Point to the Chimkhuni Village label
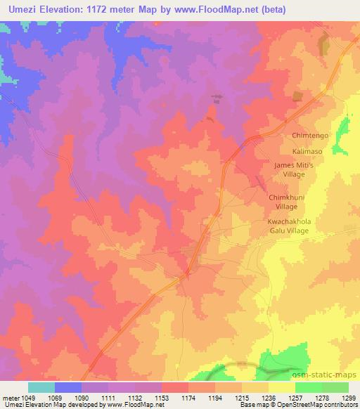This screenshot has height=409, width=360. click(285, 203)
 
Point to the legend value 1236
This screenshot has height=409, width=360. click(260, 398)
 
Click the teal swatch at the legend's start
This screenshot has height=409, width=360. click(41, 387)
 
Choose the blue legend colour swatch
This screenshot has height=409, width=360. click(68, 387)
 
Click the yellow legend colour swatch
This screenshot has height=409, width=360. click(282, 387)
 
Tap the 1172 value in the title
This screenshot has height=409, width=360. click(105, 9)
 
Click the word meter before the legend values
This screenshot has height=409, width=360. click(11, 398)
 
